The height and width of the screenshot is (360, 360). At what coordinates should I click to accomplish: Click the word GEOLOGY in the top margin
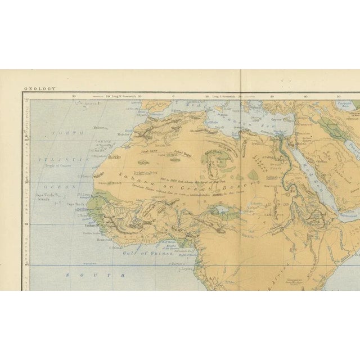coord(39,88)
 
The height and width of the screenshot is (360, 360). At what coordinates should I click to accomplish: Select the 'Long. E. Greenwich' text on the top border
coord(220,96)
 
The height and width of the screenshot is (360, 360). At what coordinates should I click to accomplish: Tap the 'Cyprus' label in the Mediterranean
coord(275,120)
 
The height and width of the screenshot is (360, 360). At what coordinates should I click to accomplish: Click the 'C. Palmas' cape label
coord(116,247)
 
